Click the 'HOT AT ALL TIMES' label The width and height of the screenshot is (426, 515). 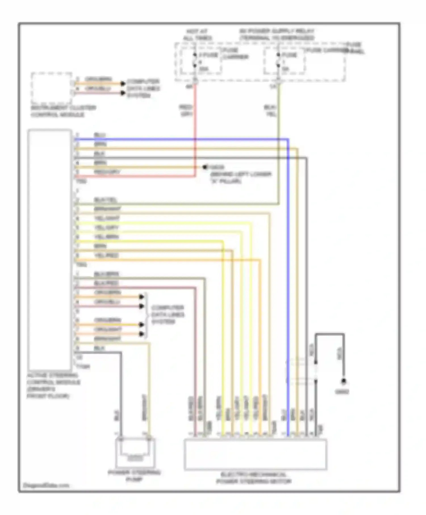click(x=197, y=35)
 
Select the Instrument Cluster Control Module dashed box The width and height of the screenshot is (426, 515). click(x=51, y=88)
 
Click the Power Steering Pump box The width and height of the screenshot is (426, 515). click(x=135, y=453)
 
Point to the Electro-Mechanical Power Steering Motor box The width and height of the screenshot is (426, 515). click(x=255, y=454)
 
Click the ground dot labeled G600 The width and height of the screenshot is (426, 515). click(x=344, y=381)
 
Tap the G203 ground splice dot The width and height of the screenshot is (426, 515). click(x=204, y=167)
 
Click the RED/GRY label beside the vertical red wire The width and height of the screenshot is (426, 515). click(x=186, y=110)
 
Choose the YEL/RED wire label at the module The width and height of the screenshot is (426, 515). click(x=106, y=255)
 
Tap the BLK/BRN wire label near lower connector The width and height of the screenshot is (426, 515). click(x=106, y=274)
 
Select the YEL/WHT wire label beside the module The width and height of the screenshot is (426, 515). click(x=107, y=218)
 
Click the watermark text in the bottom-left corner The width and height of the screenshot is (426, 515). click(x=46, y=485)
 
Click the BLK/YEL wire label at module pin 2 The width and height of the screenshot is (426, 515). click(x=105, y=200)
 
